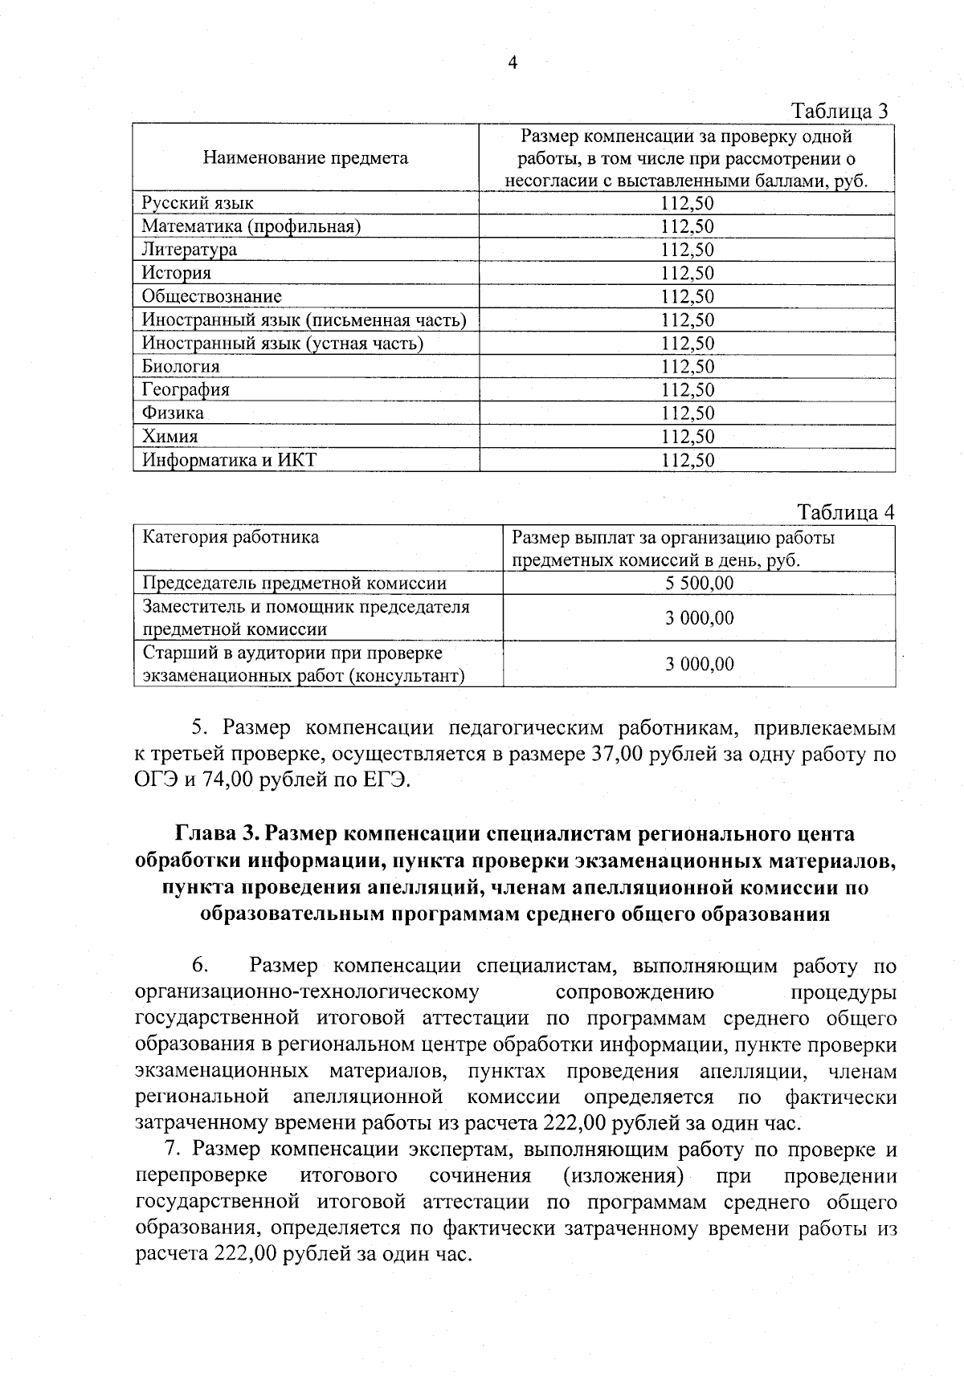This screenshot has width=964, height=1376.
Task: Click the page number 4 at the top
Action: tap(513, 63)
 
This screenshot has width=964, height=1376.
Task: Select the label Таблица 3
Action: tap(839, 111)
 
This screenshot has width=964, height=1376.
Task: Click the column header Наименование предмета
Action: tap(305, 157)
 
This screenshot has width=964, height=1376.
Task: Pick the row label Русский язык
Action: tap(198, 203)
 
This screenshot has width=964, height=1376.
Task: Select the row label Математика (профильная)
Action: tap(251, 226)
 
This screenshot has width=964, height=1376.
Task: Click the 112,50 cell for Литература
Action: tap(687, 250)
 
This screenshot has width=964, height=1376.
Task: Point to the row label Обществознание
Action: tap(212, 296)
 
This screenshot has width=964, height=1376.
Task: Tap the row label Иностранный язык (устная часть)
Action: tap(282, 343)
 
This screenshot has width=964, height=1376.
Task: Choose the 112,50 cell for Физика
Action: tap(687, 413)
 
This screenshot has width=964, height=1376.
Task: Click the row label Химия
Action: tap(170, 437)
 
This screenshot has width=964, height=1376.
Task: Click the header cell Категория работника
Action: tap(231, 537)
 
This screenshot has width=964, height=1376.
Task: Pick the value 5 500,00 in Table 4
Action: tap(699, 583)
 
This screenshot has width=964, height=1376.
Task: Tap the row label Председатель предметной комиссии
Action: tap(294, 583)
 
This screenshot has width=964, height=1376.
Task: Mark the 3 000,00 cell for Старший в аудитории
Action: tap(699, 664)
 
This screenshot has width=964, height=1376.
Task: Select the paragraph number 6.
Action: tap(200, 966)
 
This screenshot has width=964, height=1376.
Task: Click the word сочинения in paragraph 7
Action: tap(480, 1176)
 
